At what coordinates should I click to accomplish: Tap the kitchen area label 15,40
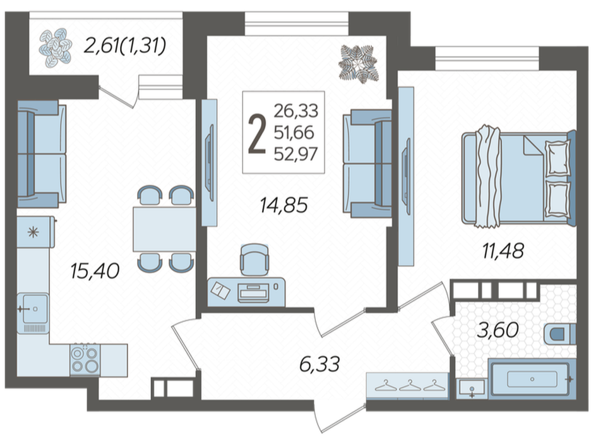pyautogui.click(x=95, y=271)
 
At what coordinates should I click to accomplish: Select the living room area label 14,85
pyautogui.click(x=283, y=205)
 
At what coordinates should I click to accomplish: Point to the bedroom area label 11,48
pyautogui.click(x=503, y=251)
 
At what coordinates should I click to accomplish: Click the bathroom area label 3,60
pyautogui.click(x=498, y=330)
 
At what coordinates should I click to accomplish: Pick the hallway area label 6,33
pyautogui.click(x=319, y=364)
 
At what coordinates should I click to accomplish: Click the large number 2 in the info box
pyautogui.click(x=256, y=135)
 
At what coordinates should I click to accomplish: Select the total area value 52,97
pyautogui.click(x=295, y=155)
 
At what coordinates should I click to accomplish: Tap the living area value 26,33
pyautogui.click(x=295, y=111)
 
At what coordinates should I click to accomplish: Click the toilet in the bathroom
pyautogui.click(x=560, y=334)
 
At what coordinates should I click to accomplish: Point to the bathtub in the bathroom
pyautogui.click(x=532, y=379)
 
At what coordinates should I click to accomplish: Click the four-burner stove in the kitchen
pyautogui.click(x=85, y=360)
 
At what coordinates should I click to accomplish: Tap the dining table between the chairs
pyautogui.click(x=164, y=229)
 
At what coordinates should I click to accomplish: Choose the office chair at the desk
pyautogui.click(x=254, y=259)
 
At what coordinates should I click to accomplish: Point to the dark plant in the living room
pyautogui.click(x=359, y=64)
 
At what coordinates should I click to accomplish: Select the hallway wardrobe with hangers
pyautogui.click(x=407, y=386)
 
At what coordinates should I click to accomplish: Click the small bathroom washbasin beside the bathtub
pyautogui.click(x=472, y=389)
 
